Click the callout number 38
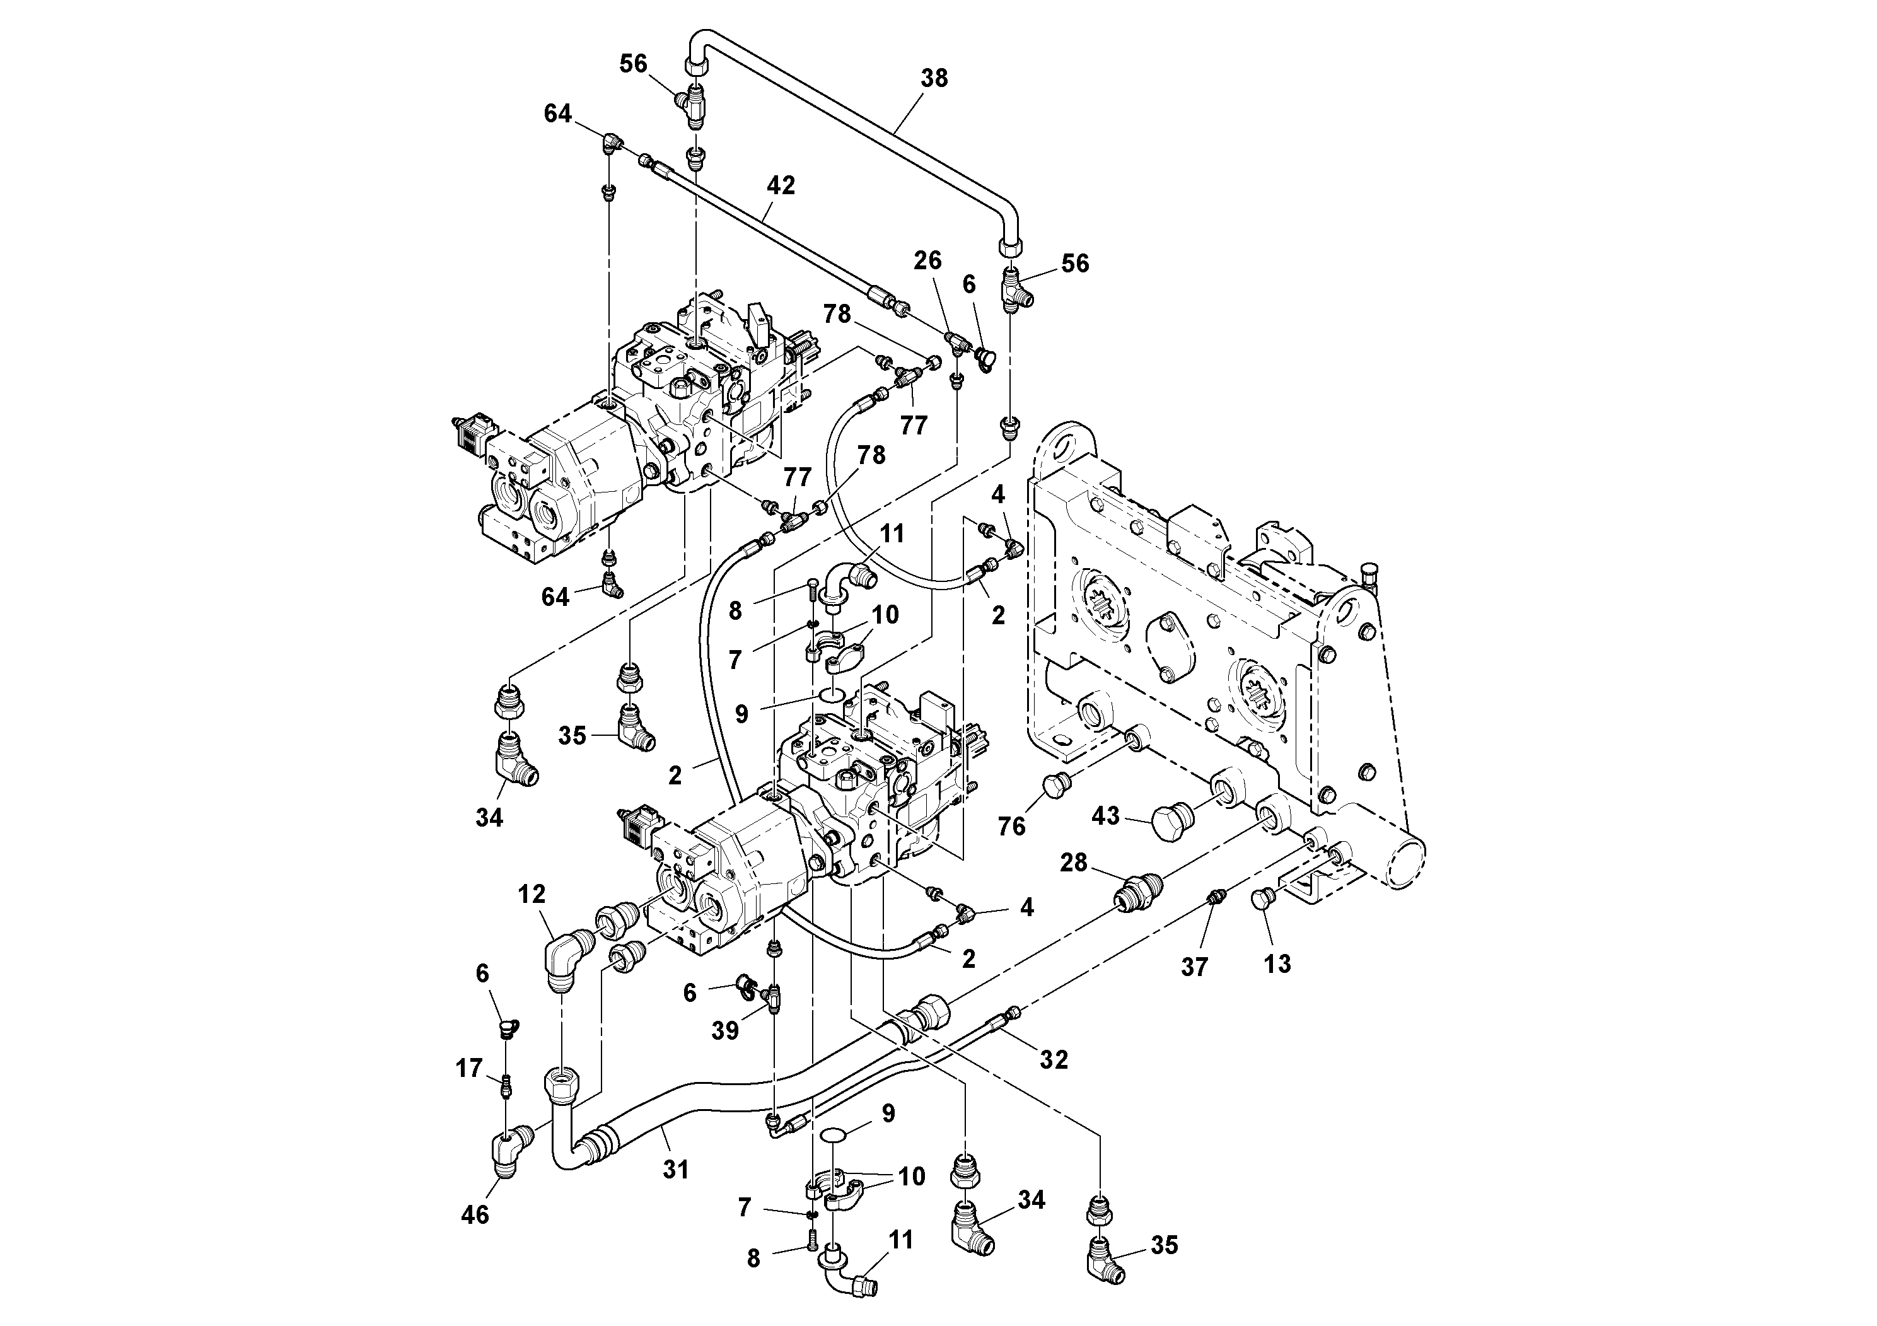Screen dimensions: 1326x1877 tap(934, 78)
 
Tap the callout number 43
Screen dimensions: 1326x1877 tap(1105, 816)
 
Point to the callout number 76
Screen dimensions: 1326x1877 tap(1011, 827)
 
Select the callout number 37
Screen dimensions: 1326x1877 tap(1194, 967)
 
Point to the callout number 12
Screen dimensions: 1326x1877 tap(532, 894)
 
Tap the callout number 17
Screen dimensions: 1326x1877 tap(468, 1069)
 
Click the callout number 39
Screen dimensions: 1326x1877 tap(724, 1031)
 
